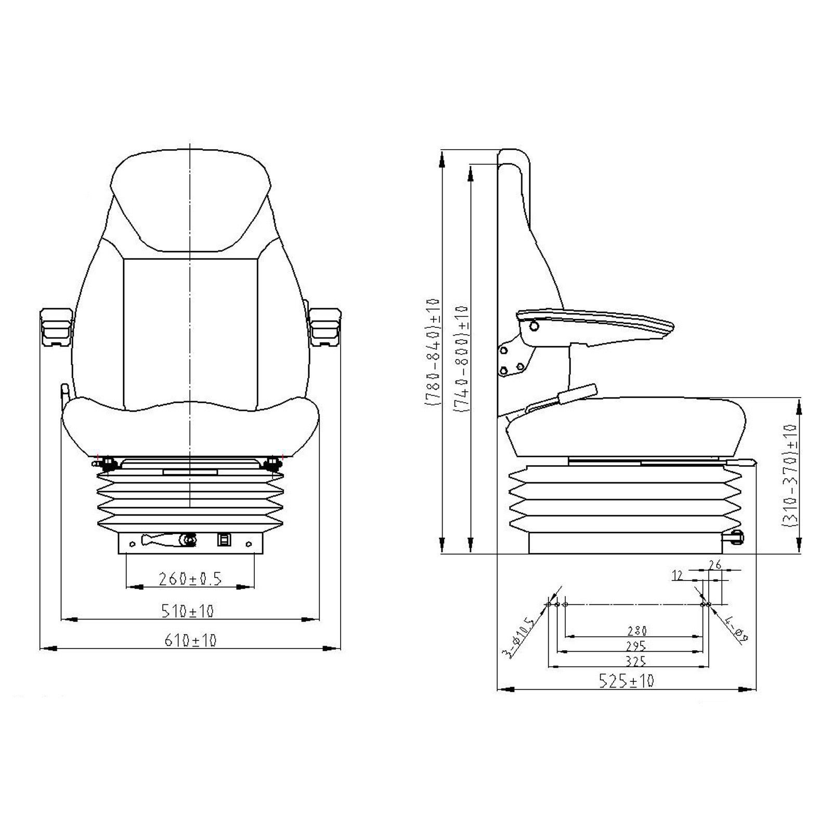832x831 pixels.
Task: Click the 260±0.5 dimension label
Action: point(190,578)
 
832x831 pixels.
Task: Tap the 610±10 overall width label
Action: point(190,640)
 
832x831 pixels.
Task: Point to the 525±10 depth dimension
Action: point(626,680)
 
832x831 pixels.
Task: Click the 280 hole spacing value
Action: point(636,631)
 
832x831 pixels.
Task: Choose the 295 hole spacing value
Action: point(636,646)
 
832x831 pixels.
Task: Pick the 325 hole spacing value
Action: point(636,661)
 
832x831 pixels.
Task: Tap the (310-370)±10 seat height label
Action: point(789,476)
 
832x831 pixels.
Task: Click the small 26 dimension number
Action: point(715,564)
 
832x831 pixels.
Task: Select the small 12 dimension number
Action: point(677,575)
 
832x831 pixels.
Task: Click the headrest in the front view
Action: point(191,197)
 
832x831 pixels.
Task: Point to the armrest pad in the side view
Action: point(598,322)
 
